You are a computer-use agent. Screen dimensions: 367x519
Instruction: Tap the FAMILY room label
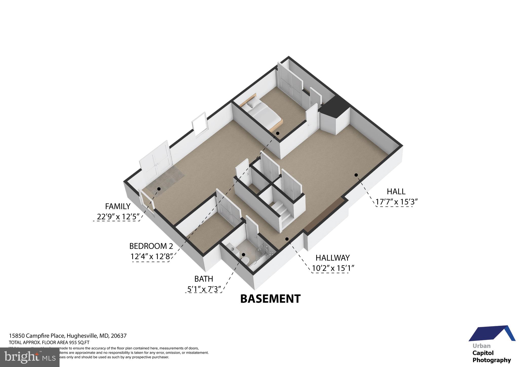point(118,206)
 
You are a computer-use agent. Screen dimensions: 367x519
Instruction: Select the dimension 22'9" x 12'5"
point(118,217)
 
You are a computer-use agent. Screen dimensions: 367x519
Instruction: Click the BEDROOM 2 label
point(151,246)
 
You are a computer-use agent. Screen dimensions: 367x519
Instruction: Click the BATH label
point(203,279)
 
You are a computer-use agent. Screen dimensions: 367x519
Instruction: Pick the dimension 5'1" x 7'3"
point(204,289)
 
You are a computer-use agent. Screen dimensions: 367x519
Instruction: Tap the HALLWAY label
point(332,258)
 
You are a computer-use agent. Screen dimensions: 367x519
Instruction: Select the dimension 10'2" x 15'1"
point(333,268)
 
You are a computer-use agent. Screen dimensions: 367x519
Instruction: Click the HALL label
point(396,191)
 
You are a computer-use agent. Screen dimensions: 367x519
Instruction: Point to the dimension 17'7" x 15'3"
point(396,202)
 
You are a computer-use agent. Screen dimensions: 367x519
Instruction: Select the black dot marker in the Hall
point(356,175)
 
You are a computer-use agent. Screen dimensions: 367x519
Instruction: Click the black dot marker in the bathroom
point(244,254)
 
